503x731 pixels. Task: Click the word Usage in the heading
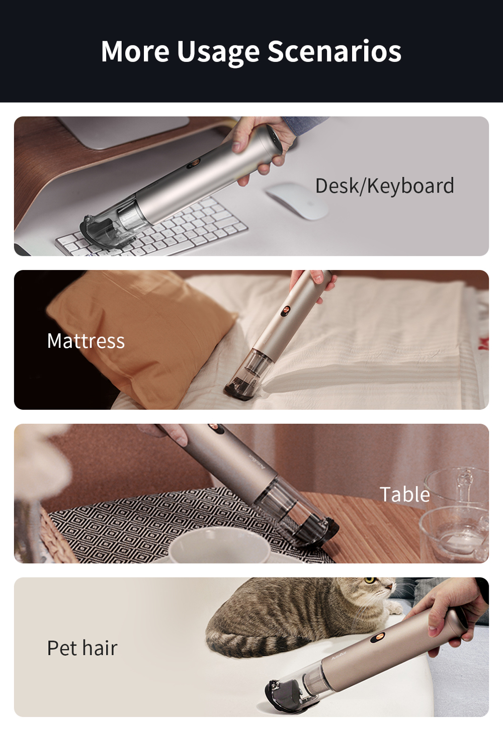(218, 52)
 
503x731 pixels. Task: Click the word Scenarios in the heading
(334, 52)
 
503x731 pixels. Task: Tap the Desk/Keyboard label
(384, 186)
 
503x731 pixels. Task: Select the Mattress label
(86, 341)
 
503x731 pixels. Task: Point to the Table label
(404, 495)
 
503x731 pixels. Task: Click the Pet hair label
(82, 648)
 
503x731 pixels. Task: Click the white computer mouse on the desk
(297, 200)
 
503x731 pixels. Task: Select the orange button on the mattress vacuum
(285, 310)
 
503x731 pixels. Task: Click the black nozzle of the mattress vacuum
(240, 390)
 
